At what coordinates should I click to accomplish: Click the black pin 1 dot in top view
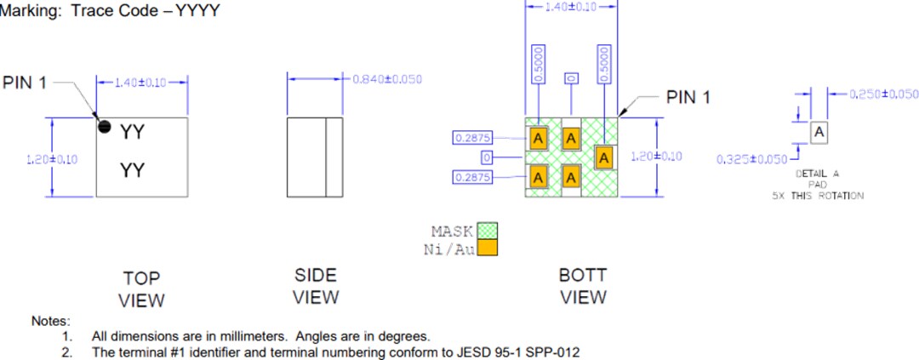click(x=105, y=127)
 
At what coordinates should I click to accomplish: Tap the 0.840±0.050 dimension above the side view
click(x=387, y=79)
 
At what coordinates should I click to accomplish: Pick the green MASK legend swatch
click(x=487, y=231)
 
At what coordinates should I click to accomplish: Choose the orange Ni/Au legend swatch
click(x=487, y=248)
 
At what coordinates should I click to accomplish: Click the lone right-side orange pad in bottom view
click(x=604, y=157)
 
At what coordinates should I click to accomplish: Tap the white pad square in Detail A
click(x=818, y=133)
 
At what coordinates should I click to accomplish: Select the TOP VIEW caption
click(x=141, y=289)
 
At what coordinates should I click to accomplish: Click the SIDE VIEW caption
click(x=315, y=286)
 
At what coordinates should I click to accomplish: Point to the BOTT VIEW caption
click(x=583, y=286)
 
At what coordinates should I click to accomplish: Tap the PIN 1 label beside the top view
click(x=26, y=83)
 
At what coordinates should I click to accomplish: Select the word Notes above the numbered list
click(x=49, y=321)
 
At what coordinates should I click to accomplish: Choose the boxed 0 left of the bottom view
click(x=487, y=157)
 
